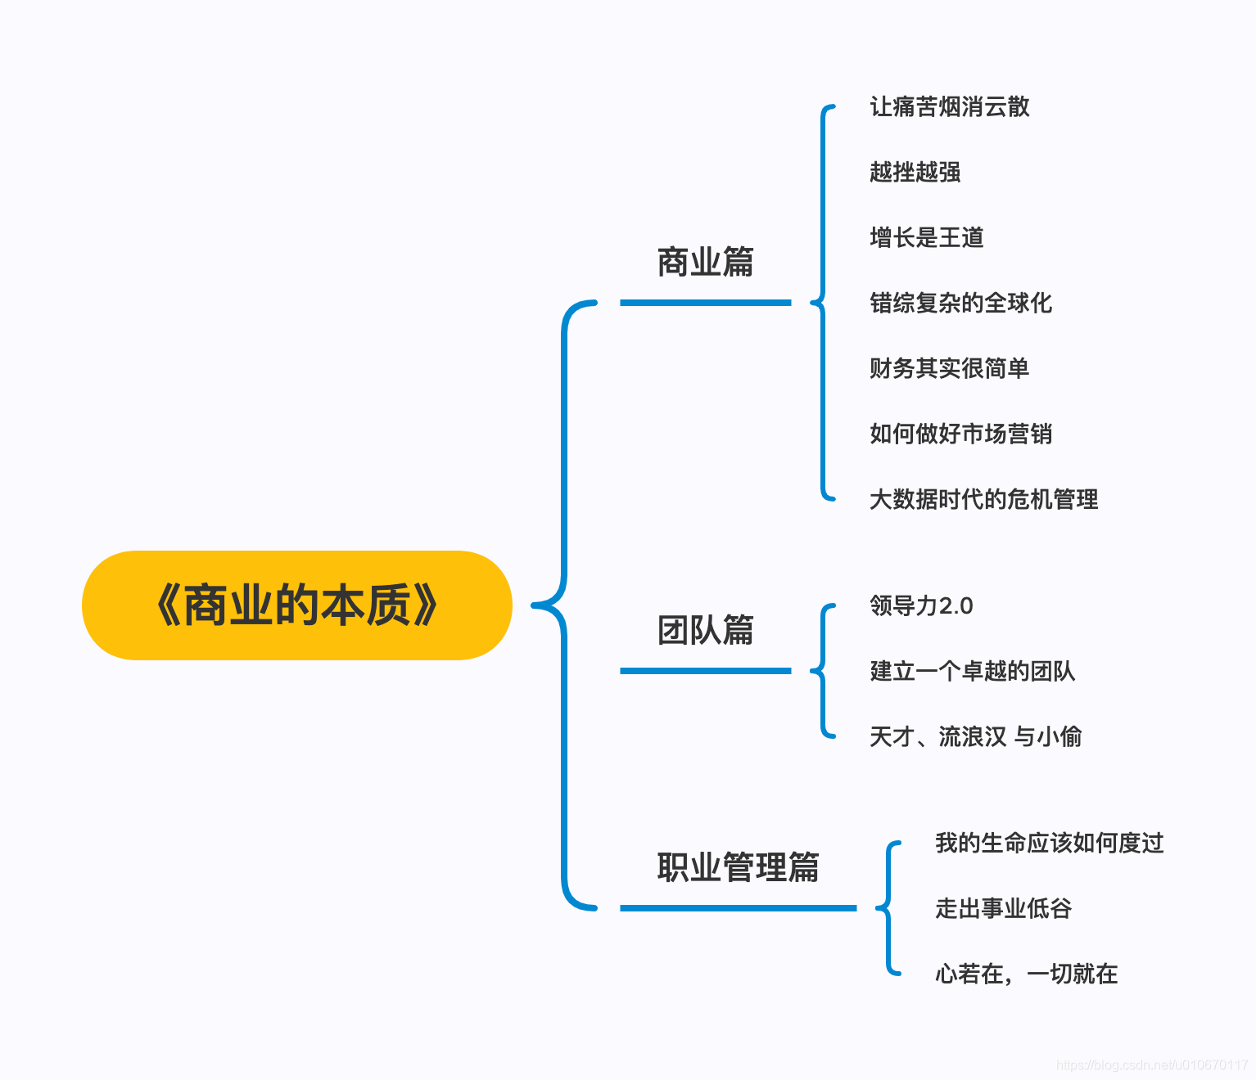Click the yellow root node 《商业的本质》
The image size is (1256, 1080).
tap(296, 605)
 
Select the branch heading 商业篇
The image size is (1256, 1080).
tap(705, 263)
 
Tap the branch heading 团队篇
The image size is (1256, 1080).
tap(705, 631)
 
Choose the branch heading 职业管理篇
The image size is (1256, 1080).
tap(738, 868)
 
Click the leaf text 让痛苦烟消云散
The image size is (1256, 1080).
tap(949, 107)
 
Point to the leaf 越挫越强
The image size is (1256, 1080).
tap(915, 173)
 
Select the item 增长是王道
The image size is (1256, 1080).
tap(926, 238)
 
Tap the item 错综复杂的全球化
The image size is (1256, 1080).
tap(960, 304)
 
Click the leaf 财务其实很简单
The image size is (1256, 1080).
tap(949, 369)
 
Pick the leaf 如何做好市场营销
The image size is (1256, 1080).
tap(960, 434)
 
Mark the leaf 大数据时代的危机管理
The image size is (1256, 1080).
tap(983, 500)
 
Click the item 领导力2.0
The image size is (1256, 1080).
tap(921, 606)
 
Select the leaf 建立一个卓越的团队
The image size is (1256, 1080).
tap(972, 672)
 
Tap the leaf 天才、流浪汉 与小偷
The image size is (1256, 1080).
tap(975, 737)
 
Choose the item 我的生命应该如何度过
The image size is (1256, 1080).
tap(1049, 844)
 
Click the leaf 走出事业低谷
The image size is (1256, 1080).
tap(1003, 909)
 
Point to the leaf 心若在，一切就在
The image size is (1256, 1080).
tap(1026, 974)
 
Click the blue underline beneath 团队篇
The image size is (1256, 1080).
tap(705, 671)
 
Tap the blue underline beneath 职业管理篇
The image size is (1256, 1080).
tap(738, 908)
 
